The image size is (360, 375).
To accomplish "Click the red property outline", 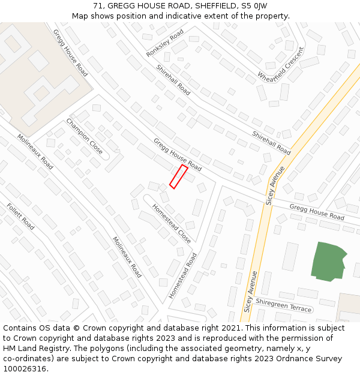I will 178,176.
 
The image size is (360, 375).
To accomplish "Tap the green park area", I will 328,261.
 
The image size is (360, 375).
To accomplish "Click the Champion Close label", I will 84,136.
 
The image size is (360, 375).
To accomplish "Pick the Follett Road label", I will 20,217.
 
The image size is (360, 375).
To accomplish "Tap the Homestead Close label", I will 172,223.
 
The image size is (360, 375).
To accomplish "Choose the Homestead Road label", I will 182,275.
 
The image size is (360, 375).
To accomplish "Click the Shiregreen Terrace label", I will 284,305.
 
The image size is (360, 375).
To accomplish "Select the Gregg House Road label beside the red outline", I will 177,154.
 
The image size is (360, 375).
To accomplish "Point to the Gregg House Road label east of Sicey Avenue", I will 317,212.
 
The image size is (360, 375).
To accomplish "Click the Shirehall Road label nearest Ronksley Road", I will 173,80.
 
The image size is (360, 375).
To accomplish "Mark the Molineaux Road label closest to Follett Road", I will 35,151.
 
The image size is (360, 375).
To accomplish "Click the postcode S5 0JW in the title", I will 255,5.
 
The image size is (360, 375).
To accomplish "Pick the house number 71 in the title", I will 98,5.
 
